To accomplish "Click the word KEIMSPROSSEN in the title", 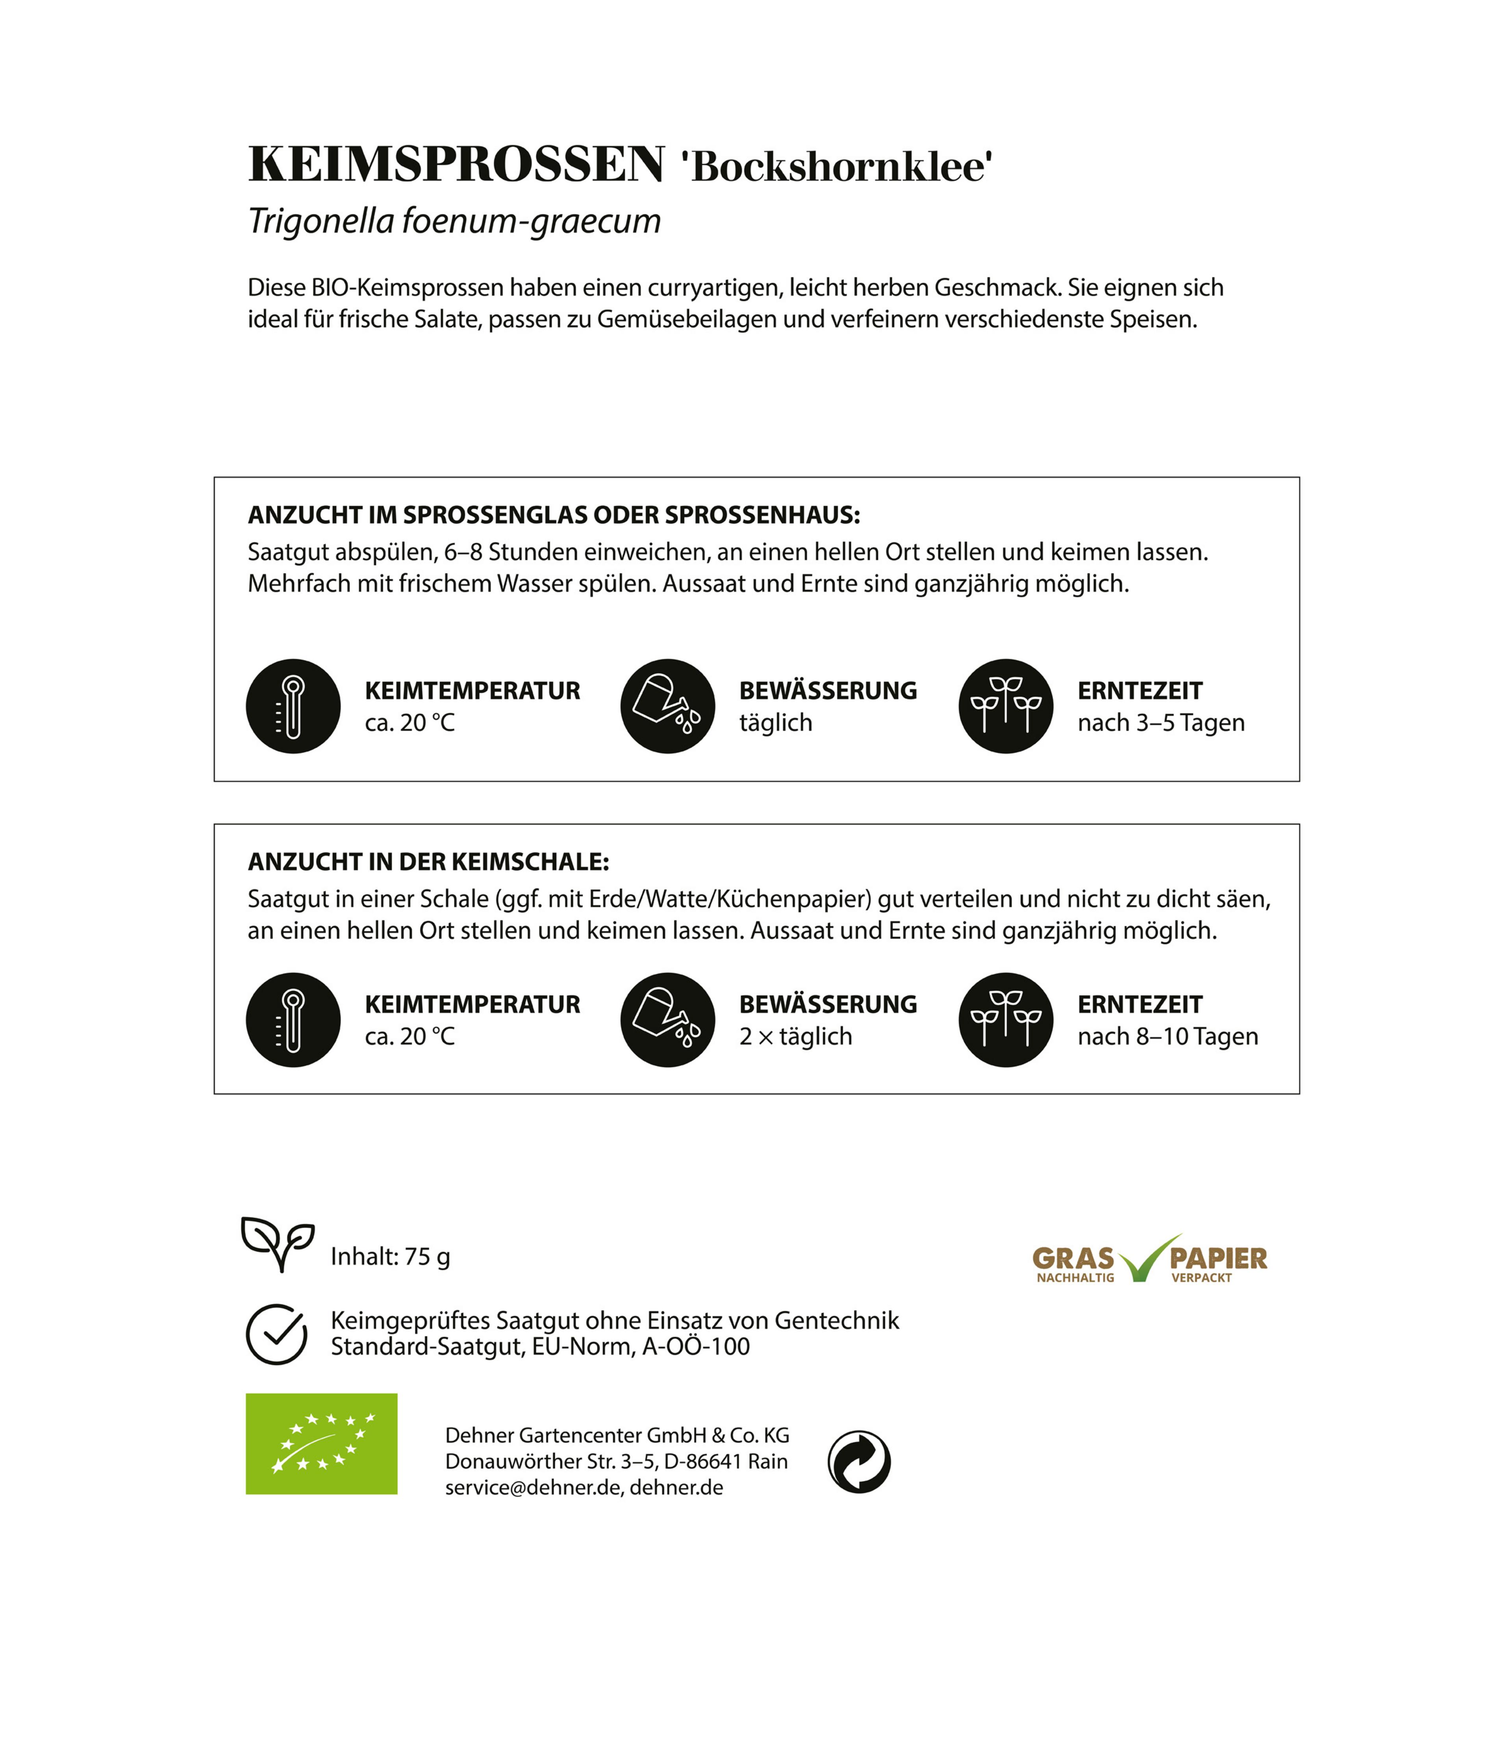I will [x=456, y=164].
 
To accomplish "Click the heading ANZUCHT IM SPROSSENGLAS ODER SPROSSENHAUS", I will [x=553, y=515].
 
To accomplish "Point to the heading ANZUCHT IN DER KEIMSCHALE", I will [x=428, y=862].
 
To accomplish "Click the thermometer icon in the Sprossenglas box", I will [x=293, y=706].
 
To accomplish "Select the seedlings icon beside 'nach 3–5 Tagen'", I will [x=1006, y=706].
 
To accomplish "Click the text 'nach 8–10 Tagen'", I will [x=1167, y=1036].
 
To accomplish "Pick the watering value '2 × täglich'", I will [x=795, y=1036].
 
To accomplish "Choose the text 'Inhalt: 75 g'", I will [x=390, y=1256].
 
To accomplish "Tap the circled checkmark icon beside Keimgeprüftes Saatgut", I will [x=277, y=1334].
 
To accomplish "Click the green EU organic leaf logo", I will [x=321, y=1444].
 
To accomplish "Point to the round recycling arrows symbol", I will [x=859, y=1462].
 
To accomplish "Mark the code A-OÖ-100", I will [x=695, y=1347].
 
